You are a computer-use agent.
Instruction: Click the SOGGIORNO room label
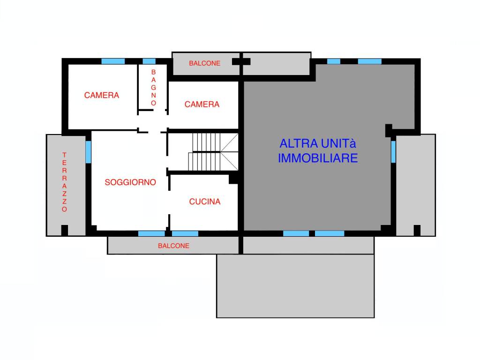[x=130, y=182]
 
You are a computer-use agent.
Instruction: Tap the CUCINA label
[x=205, y=202]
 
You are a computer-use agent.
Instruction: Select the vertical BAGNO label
[x=153, y=88]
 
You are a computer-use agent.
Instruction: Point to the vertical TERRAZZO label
[x=64, y=182]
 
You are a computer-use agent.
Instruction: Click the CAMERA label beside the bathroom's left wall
[x=102, y=95]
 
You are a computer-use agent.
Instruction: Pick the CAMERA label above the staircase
[x=202, y=105]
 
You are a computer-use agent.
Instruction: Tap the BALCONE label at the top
[x=204, y=63]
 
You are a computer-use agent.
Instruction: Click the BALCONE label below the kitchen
[x=173, y=246]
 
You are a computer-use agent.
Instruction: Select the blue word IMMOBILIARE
[x=318, y=158]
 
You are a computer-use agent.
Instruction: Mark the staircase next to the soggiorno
[x=213, y=152]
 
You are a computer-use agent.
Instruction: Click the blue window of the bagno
[x=149, y=61]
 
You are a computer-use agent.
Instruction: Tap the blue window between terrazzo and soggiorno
[x=88, y=152]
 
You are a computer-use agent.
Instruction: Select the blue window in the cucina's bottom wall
[x=185, y=233]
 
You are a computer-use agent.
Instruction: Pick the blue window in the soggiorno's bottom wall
[x=151, y=233]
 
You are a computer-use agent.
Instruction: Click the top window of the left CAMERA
[x=113, y=61]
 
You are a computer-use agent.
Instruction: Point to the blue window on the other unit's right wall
[x=393, y=151]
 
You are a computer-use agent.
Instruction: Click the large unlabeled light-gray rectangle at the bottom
[x=295, y=286]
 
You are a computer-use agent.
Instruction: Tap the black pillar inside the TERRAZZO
[x=65, y=230]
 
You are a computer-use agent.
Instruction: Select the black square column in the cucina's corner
[x=233, y=179]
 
